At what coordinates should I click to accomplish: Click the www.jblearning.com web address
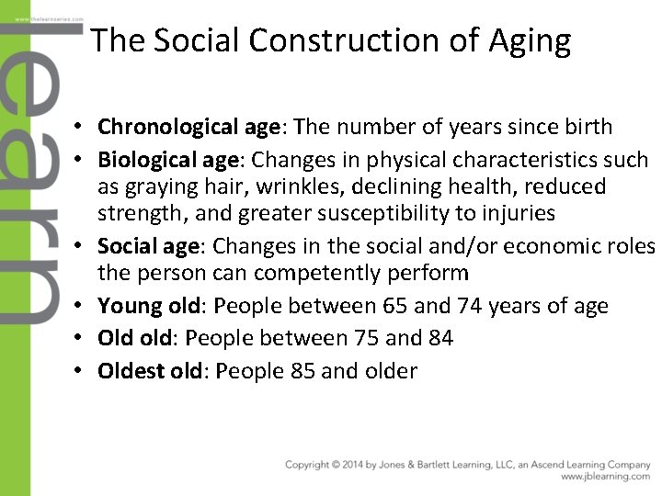point(605,477)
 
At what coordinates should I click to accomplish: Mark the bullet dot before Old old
point(83,339)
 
